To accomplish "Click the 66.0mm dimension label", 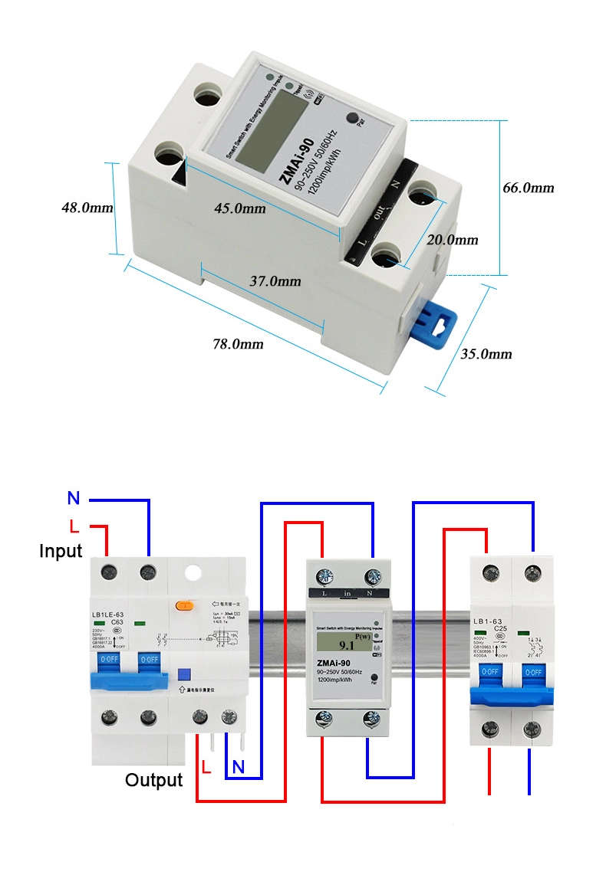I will pyautogui.click(x=528, y=188).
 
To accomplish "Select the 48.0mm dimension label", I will pyautogui.click(x=87, y=208).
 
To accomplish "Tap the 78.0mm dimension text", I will pyautogui.click(x=238, y=344).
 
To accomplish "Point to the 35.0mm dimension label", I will pyautogui.click(x=486, y=353).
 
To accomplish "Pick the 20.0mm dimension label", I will pyautogui.click(x=452, y=240).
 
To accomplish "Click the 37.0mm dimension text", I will pyautogui.click(x=275, y=281).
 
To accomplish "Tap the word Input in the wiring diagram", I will pyautogui.click(x=61, y=551).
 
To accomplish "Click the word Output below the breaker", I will pyautogui.click(x=154, y=780).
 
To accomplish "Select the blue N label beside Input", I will pyautogui.click(x=74, y=499).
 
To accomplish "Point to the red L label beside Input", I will pyautogui.click(x=74, y=526).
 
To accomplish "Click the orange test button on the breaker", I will pyautogui.click(x=184, y=605).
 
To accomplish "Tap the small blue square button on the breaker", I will pyautogui.click(x=183, y=674).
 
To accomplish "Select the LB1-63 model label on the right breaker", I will pyautogui.click(x=490, y=620).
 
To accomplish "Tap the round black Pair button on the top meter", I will pyautogui.click(x=354, y=120).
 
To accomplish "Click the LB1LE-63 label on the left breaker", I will pyautogui.click(x=108, y=614).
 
